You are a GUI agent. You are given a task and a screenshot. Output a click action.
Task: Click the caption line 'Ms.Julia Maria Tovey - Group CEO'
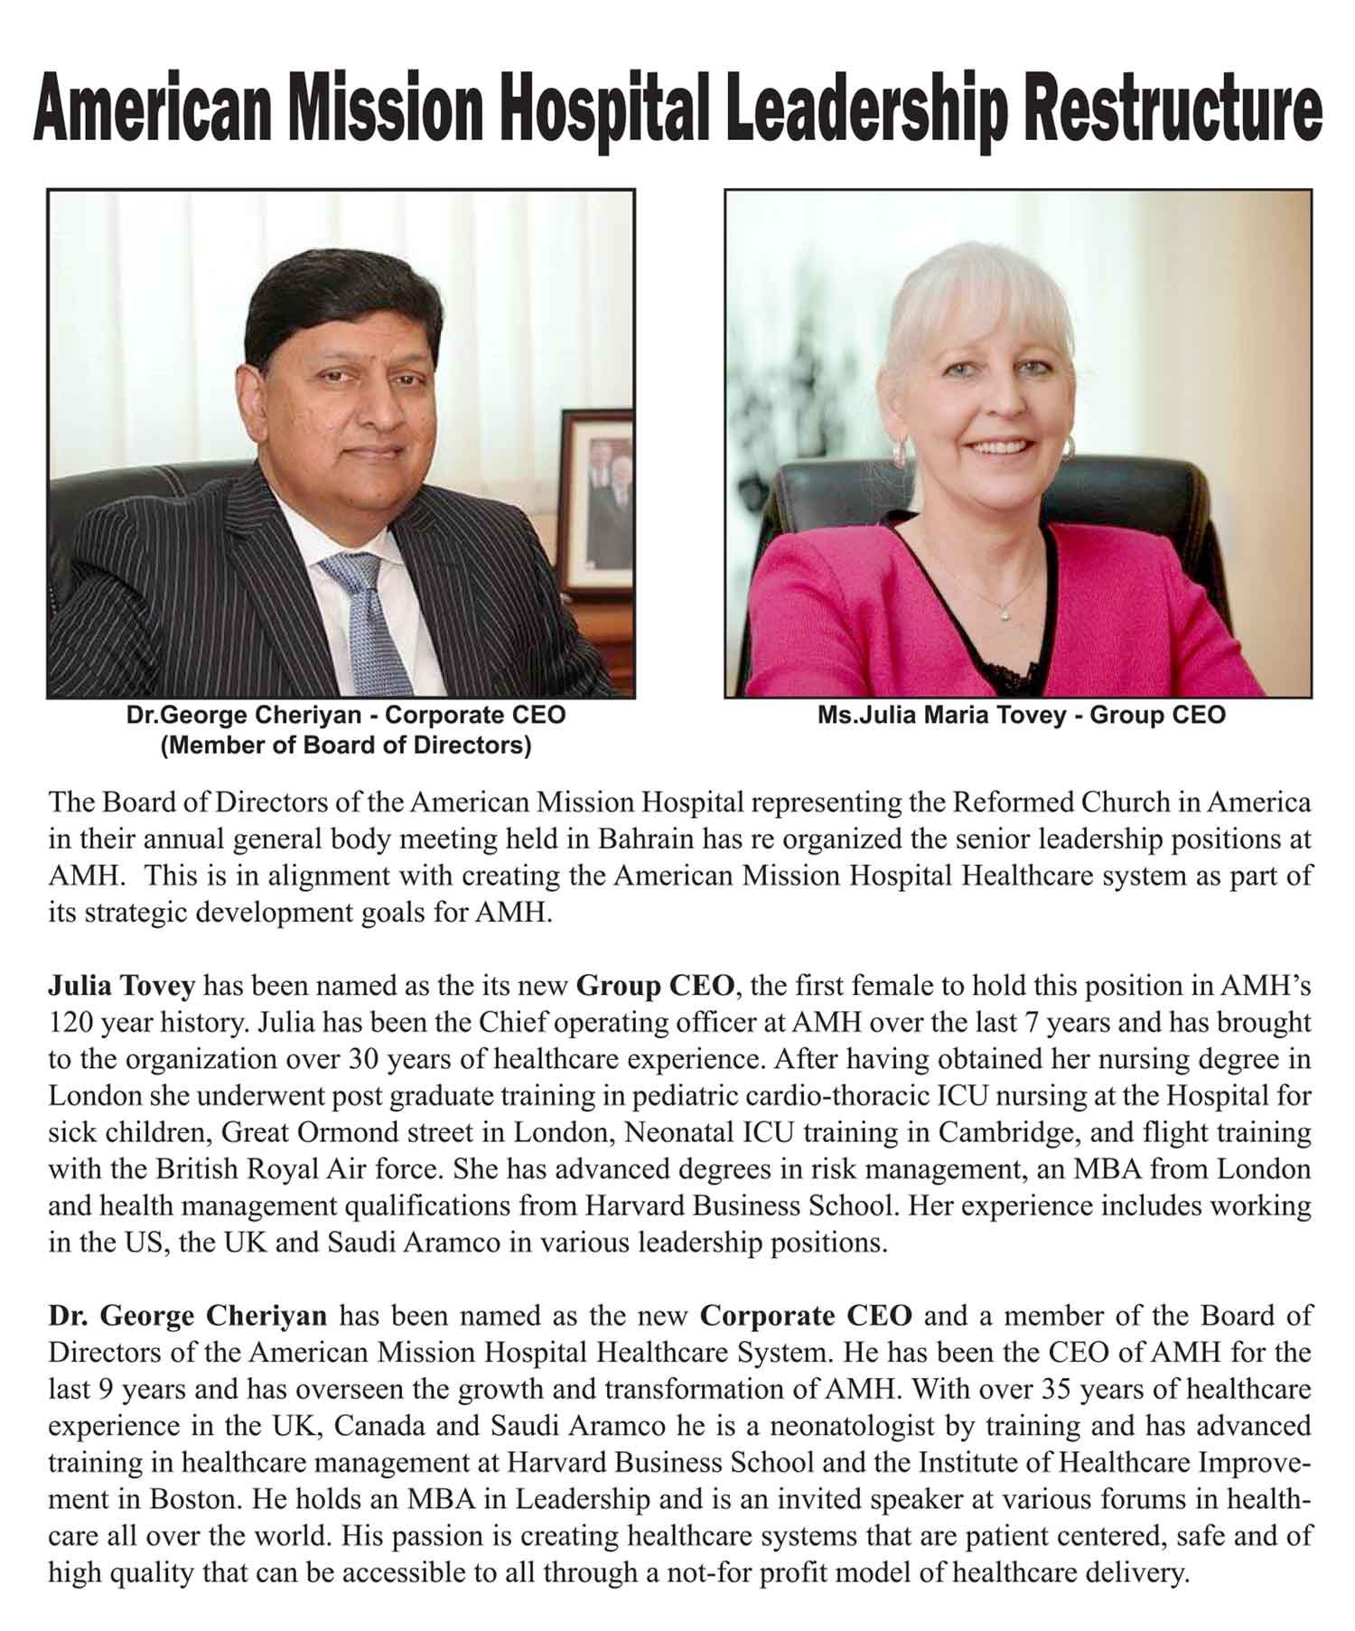[1022, 716]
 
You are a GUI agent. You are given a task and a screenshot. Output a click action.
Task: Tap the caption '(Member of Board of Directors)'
[346, 746]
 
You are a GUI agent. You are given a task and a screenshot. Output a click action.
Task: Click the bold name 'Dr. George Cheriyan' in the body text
[187, 1315]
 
